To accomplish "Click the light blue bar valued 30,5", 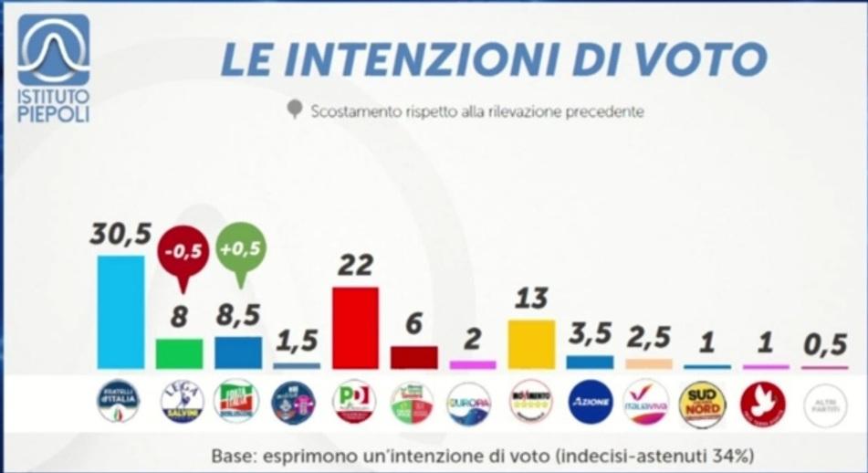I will tap(120, 311).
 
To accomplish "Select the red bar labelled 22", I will tap(355, 327).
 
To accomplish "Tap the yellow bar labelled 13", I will tap(531, 343).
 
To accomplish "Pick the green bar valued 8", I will tap(179, 352).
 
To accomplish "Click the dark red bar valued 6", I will tap(413, 356).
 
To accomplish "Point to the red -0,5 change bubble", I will tap(181, 251).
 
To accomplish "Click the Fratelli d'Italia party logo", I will tap(120, 402).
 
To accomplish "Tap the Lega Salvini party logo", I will tap(179, 402).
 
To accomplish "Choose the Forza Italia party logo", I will tap(236, 402).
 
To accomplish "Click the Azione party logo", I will tap(590, 402).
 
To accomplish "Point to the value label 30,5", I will tap(120, 235).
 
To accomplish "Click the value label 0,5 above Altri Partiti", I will tap(823, 346).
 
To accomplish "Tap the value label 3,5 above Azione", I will tap(590, 335).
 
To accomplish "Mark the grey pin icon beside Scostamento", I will tap(294, 110).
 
